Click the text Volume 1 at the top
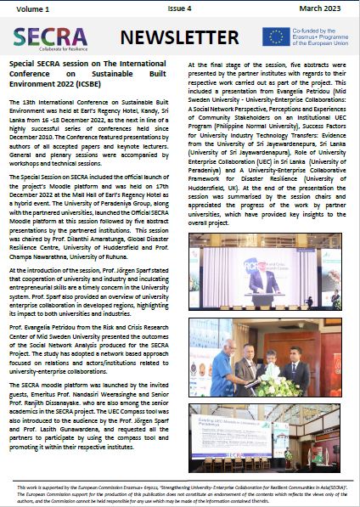(28, 8)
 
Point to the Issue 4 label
(181, 8)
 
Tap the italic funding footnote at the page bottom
(180, 493)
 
